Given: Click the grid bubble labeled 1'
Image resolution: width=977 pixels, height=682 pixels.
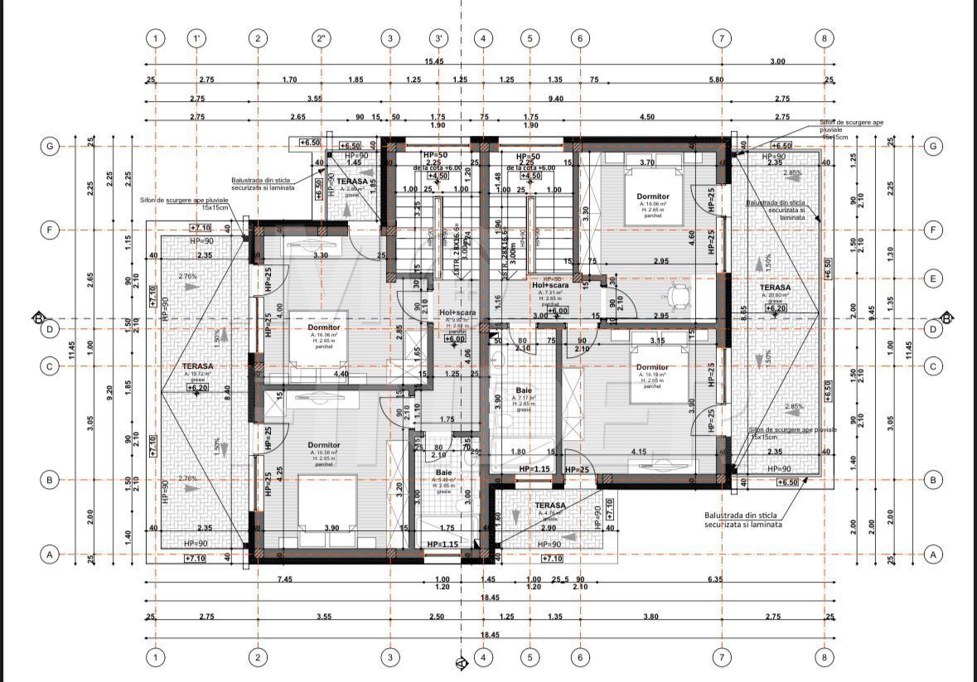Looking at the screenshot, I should (x=196, y=38).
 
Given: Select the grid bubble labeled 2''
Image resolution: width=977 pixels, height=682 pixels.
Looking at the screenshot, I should (x=322, y=38).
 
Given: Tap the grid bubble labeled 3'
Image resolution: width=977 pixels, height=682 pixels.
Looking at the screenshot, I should (x=439, y=38).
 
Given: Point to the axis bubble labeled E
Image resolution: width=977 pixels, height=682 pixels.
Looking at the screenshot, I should (x=933, y=278).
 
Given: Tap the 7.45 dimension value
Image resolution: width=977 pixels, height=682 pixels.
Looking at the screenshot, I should (x=285, y=579).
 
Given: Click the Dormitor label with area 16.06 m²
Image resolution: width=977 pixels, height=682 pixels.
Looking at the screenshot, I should (x=652, y=196).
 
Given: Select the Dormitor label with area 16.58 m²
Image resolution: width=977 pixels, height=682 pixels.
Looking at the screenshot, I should (x=323, y=445).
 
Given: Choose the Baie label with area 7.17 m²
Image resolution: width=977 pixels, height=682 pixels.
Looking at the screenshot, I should (x=524, y=390).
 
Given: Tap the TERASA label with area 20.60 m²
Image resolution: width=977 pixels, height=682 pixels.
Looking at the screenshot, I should (x=775, y=288).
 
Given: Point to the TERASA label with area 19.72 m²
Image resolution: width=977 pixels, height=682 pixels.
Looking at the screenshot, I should (x=198, y=365).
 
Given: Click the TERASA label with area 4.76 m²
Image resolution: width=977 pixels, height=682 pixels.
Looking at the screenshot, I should (x=549, y=505).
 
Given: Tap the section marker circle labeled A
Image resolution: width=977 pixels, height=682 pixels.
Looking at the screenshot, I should (x=462, y=662).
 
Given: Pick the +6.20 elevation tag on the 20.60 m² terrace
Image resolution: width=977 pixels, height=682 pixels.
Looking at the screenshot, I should (x=776, y=308).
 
